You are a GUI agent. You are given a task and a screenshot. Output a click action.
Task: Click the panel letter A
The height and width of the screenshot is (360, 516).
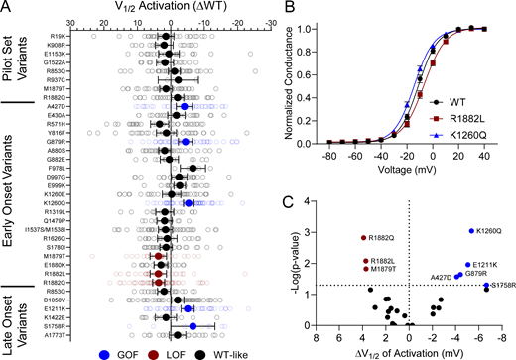pos(6,8)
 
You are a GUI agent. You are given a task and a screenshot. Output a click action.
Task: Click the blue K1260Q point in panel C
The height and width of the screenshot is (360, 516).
pos(470,231)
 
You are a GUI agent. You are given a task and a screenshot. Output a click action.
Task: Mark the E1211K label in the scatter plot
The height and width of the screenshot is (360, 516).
pos(486,265)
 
